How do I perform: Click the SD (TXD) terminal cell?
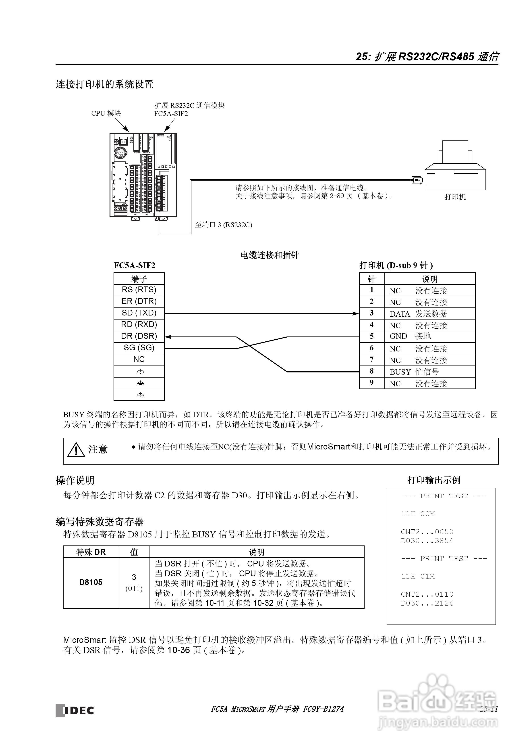coord(139,313)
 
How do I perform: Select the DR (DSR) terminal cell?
coord(139,336)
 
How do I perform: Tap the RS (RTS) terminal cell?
coord(139,290)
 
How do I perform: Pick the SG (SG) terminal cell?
coord(139,348)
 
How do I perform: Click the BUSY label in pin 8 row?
coord(400,372)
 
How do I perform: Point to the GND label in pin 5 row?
coord(398,336)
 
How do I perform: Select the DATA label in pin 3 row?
coord(399,314)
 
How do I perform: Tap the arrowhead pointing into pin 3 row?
coord(356,314)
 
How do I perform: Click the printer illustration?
coord(455,167)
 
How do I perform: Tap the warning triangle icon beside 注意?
coord(76,449)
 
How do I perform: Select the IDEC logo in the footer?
coord(75,710)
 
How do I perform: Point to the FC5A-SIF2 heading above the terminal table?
coord(135,266)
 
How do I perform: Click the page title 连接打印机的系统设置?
coord(104,84)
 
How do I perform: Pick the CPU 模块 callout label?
coord(106,113)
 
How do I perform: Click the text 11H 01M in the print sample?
coord(418,577)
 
